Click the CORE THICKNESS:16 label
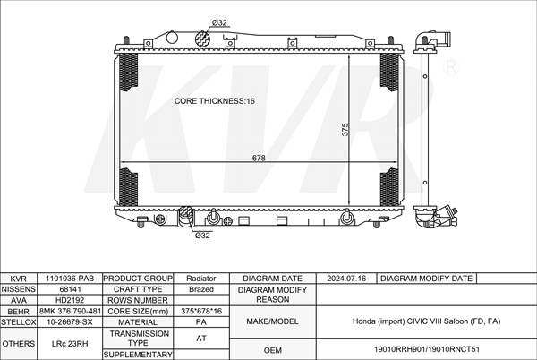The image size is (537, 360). click(x=215, y=101)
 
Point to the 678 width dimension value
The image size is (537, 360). click(x=259, y=158)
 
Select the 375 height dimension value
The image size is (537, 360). click(x=345, y=130)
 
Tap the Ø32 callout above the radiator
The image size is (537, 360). click(x=219, y=23)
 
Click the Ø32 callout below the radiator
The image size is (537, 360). click(x=202, y=236)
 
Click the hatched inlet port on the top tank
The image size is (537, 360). click(x=201, y=38)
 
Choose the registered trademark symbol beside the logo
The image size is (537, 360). click(x=451, y=67)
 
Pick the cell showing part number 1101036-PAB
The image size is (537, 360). click(x=70, y=279)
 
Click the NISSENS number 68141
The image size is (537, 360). click(x=70, y=289)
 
